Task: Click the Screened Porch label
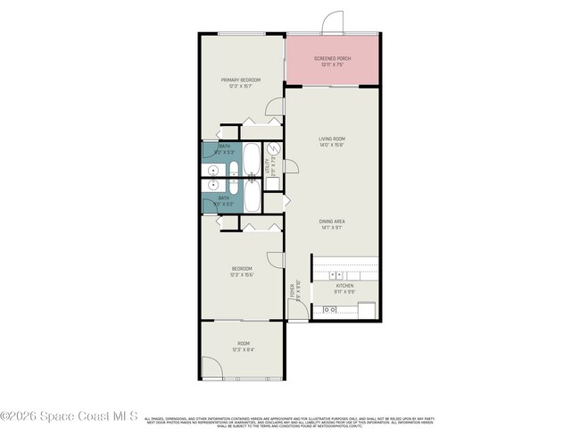(x=332, y=61)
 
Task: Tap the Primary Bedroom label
(x=240, y=82)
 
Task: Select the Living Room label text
(x=332, y=141)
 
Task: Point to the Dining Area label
(x=332, y=222)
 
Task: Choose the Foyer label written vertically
(x=293, y=290)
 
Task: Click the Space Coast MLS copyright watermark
(x=69, y=416)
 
